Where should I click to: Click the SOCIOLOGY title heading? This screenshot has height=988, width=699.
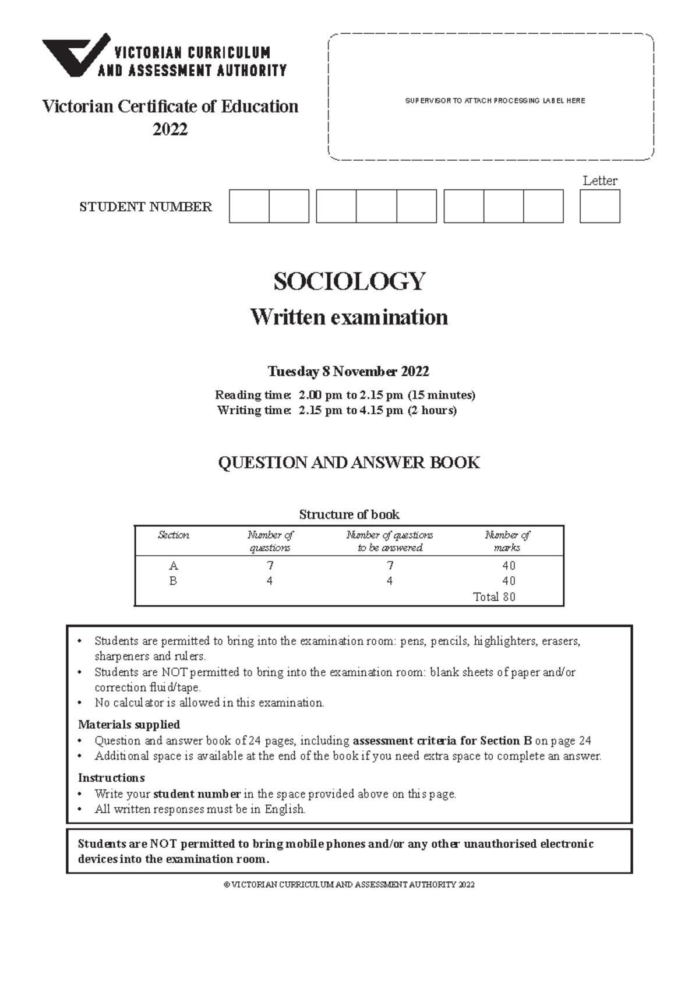(x=349, y=282)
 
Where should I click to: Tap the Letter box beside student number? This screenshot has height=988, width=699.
(x=599, y=206)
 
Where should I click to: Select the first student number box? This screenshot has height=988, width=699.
(x=249, y=206)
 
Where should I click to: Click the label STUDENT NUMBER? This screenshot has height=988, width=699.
(x=146, y=207)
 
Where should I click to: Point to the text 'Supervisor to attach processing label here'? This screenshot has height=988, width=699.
(x=495, y=101)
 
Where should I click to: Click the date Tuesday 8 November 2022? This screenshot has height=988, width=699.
(x=348, y=371)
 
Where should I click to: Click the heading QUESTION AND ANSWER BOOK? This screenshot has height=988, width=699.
(x=348, y=463)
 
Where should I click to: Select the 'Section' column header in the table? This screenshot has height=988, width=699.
(x=173, y=535)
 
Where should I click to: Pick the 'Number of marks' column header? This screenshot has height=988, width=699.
(x=507, y=541)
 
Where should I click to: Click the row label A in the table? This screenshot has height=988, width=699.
(x=173, y=566)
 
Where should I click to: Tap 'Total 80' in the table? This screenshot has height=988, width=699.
(x=494, y=597)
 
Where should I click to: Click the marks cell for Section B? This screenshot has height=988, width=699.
(x=509, y=581)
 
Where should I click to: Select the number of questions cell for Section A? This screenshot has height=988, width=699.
(x=270, y=566)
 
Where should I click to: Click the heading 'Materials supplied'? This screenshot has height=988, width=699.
(x=129, y=725)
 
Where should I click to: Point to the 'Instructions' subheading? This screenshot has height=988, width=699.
(x=111, y=778)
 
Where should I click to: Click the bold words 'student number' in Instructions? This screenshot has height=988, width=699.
(x=197, y=793)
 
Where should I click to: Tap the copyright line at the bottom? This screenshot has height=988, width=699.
(x=349, y=884)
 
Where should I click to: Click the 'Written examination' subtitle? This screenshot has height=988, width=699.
(x=349, y=317)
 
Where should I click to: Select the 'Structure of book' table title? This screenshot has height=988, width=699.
(x=349, y=514)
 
